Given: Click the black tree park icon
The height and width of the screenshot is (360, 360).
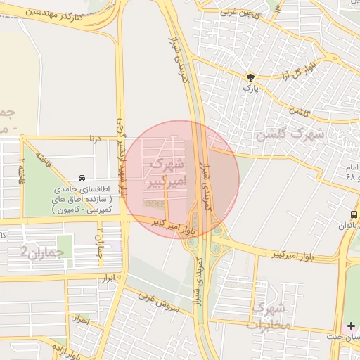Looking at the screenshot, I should [250, 77].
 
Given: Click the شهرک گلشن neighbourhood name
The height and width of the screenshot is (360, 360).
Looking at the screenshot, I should [290, 134].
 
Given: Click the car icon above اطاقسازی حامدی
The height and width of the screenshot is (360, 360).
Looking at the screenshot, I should [83, 179].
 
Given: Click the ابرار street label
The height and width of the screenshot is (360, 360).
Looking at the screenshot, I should [108, 279].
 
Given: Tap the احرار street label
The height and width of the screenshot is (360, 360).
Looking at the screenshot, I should [82, 319].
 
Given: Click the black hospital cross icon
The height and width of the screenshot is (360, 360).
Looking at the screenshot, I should [351, 326].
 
